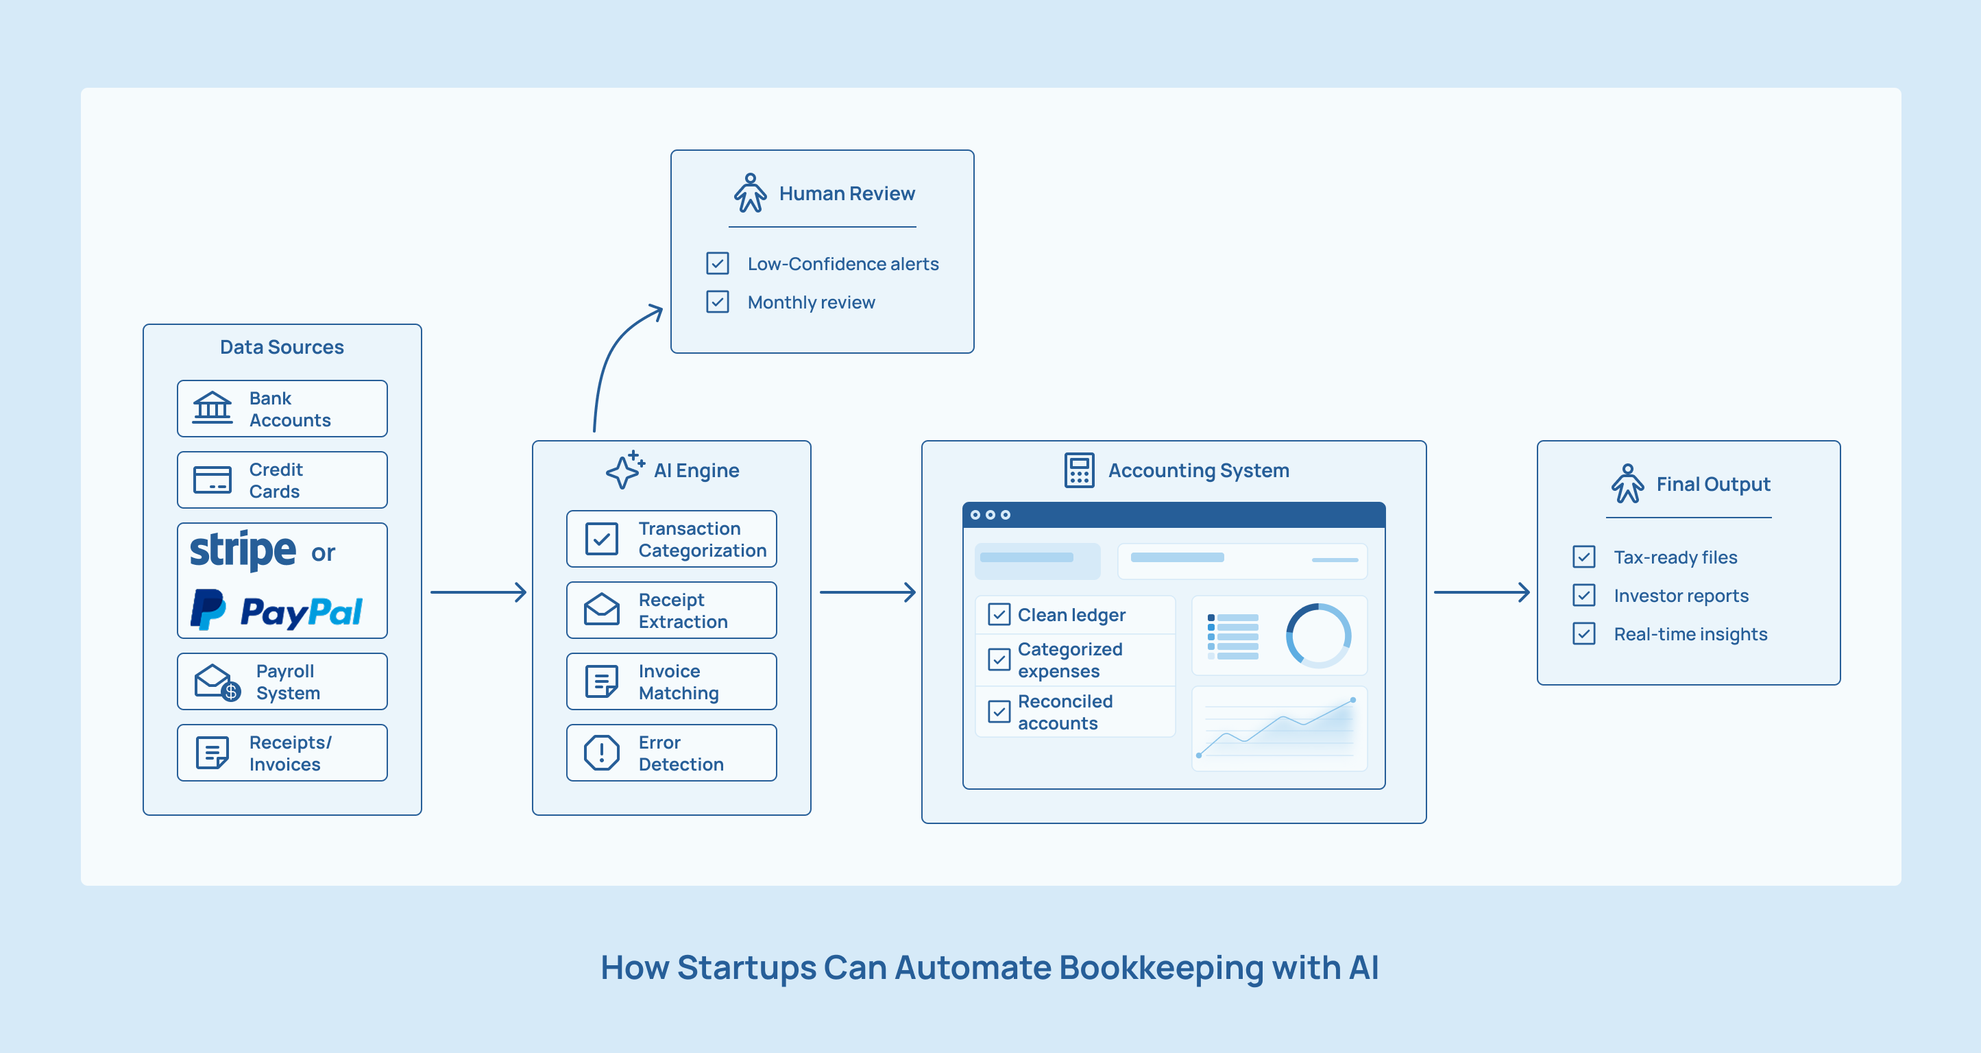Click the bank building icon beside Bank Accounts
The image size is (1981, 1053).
tap(212, 408)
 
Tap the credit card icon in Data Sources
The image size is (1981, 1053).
tap(212, 480)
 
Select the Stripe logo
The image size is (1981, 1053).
tap(243, 550)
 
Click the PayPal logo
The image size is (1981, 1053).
tap(277, 611)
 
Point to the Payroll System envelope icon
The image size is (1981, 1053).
tap(216, 681)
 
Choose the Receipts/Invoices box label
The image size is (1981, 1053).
tap(290, 753)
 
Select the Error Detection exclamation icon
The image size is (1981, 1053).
tap(601, 753)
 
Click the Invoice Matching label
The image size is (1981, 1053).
tap(679, 682)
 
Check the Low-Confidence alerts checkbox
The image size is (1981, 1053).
tap(718, 263)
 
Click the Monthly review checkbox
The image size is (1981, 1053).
tap(718, 302)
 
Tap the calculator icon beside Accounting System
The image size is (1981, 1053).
tap(1079, 470)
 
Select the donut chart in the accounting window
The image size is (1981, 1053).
tap(1318, 636)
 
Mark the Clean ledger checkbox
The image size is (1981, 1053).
tap(999, 614)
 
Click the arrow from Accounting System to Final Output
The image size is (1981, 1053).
tap(1481, 592)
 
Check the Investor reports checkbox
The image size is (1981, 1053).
tap(1583, 595)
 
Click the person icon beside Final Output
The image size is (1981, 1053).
tap(1627, 484)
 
